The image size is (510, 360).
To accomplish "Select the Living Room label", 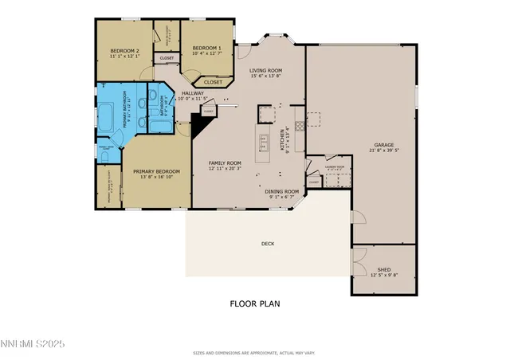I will pyautogui.click(x=265, y=70).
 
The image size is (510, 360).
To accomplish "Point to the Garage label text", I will pyautogui.click(x=384, y=145).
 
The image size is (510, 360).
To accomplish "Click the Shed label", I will pyautogui.click(x=384, y=270).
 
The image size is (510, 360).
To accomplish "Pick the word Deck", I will pyautogui.click(x=267, y=244).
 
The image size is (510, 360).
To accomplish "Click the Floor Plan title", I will pyautogui.click(x=255, y=303).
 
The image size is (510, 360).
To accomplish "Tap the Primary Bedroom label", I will pyautogui.click(x=155, y=171).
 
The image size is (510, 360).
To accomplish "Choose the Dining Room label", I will pyautogui.click(x=282, y=191).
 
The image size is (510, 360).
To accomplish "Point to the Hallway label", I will pyautogui.click(x=192, y=93).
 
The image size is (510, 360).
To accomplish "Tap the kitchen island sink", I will pyautogui.click(x=264, y=143).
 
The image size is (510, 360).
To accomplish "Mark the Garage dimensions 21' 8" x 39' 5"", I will pyautogui.click(x=384, y=151).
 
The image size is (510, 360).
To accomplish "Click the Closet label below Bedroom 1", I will pyautogui.click(x=213, y=82).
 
